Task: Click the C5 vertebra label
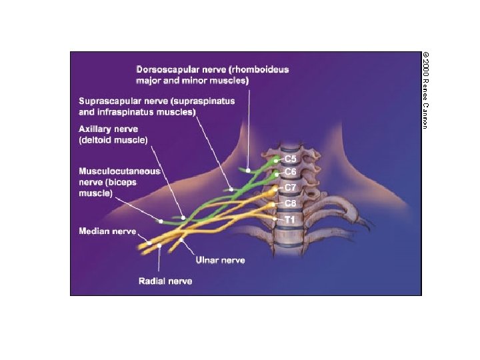click(x=291, y=160)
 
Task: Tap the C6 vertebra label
click(x=291, y=172)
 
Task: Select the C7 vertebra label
click(x=291, y=188)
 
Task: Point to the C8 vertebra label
click(x=291, y=203)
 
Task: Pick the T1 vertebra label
click(x=291, y=219)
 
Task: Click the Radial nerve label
click(x=165, y=281)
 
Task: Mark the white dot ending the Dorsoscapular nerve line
click(x=247, y=170)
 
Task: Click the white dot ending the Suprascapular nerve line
click(x=231, y=189)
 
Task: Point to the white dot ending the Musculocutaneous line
click(x=161, y=221)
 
